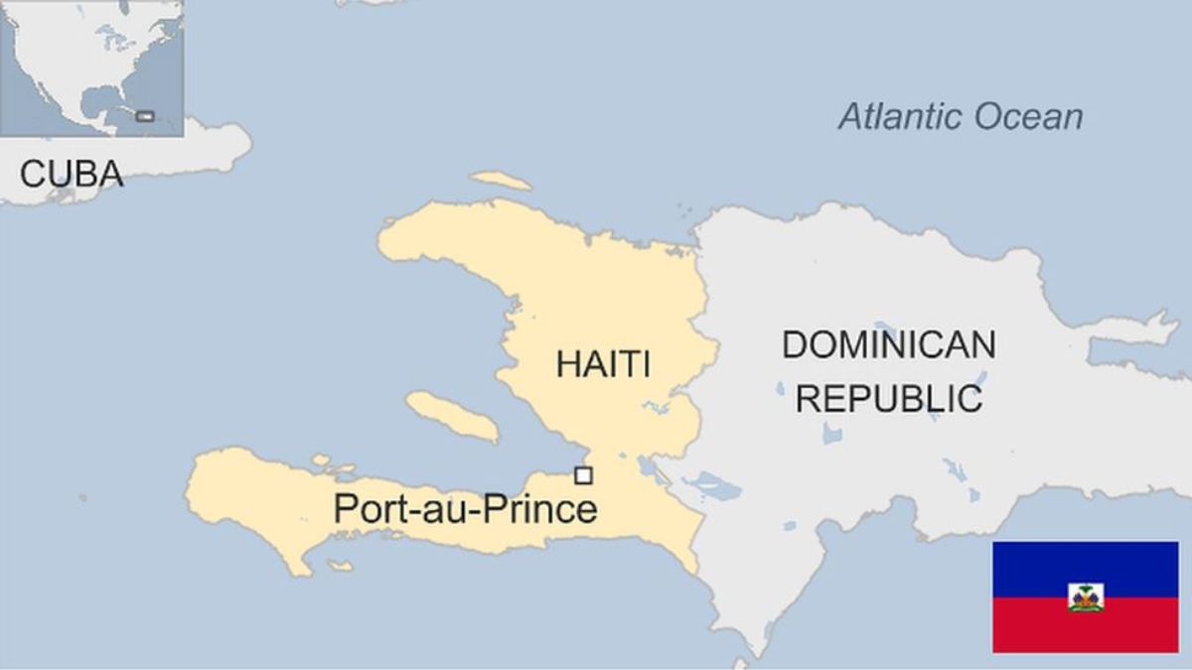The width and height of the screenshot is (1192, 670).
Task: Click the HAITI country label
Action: (603, 363)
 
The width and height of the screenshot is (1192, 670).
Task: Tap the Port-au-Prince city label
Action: (465, 509)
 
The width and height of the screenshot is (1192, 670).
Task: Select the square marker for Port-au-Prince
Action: (583, 475)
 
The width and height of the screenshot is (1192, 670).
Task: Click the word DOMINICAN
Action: (888, 345)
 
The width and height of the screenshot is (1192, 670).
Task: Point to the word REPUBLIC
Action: (889, 398)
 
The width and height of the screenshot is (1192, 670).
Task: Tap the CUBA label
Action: (72, 175)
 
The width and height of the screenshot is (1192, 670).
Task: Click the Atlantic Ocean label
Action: (961, 117)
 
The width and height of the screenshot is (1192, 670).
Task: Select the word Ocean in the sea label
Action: (1028, 117)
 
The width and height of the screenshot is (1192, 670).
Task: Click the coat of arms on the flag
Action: (1086, 597)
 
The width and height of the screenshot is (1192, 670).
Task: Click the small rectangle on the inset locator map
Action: (145, 116)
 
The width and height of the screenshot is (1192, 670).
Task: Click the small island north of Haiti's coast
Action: (501, 181)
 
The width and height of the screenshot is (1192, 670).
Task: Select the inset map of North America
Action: (91, 67)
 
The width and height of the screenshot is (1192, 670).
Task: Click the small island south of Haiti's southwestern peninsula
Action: (340, 566)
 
